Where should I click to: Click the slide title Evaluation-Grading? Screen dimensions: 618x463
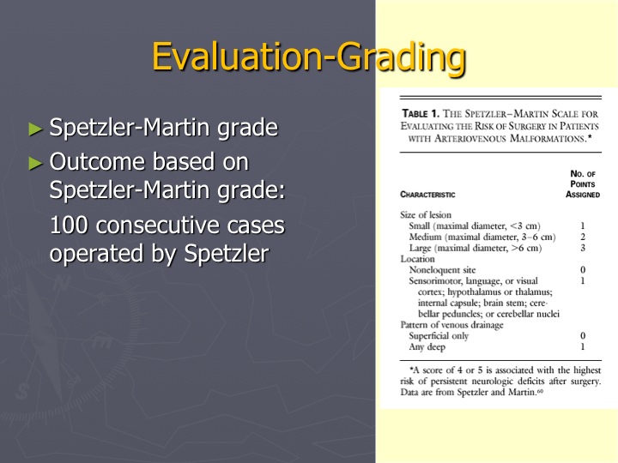(x=309, y=57)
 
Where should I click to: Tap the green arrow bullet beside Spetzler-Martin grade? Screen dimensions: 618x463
(x=35, y=129)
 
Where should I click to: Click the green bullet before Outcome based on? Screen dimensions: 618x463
(x=35, y=163)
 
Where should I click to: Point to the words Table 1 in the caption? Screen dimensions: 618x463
(x=420, y=114)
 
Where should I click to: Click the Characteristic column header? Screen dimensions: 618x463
(x=427, y=195)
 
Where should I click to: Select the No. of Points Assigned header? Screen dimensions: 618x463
(x=583, y=183)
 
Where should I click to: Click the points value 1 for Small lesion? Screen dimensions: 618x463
(x=583, y=226)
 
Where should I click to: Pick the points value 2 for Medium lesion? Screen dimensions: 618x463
(x=583, y=237)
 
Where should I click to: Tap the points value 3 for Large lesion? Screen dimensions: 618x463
(x=583, y=248)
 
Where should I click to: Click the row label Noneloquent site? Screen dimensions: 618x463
(x=442, y=270)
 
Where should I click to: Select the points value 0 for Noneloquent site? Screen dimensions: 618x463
(x=583, y=270)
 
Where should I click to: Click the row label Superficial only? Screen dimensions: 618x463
(x=439, y=336)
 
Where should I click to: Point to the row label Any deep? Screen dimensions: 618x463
(x=427, y=347)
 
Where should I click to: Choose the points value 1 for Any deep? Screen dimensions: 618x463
(x=583, y=347)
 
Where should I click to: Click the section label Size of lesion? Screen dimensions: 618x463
(x=426, y=215)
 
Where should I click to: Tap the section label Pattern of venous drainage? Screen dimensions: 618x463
(x=451, y=325)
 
